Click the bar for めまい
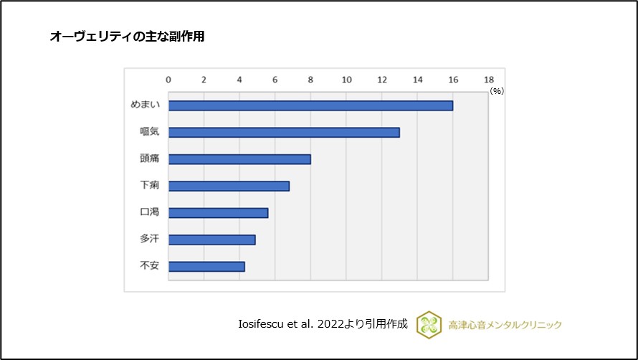point(310,105)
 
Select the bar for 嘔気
point(284,133)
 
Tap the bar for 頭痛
point(239,159)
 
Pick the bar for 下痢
point(229,186)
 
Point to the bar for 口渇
point(218,213)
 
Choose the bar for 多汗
point(211,240)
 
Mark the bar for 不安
point(206,266)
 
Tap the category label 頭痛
point(149,158)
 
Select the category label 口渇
point(149,212)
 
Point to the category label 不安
point(149,265)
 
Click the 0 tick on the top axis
point(168,79)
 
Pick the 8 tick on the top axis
point(310,79)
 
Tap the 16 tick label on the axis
point(452,79)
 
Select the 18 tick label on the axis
point(488,79)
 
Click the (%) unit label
point(497,91)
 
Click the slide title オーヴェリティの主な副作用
point(127,37)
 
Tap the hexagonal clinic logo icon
point(429,324)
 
